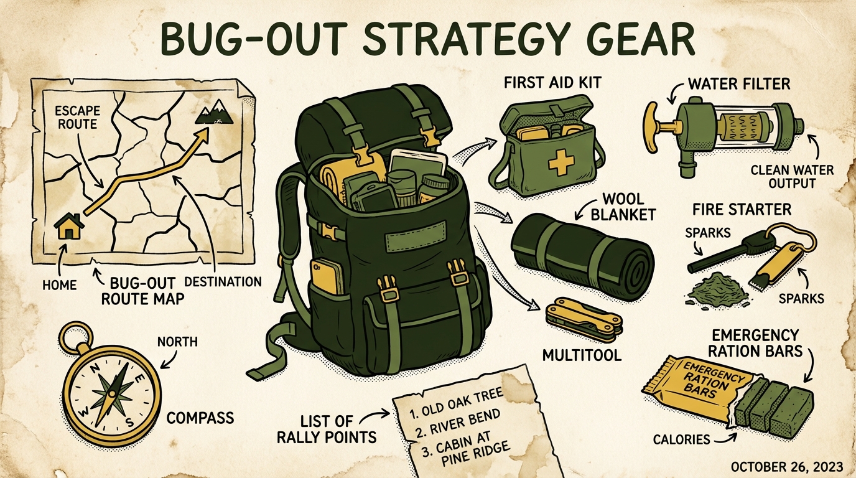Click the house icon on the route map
click(69, 227)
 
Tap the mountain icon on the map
click(215, 112)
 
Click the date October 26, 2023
click(787, 467)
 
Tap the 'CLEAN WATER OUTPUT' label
click(793, 176)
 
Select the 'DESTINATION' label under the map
click(223, 282)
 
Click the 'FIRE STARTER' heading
click(742, 210)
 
